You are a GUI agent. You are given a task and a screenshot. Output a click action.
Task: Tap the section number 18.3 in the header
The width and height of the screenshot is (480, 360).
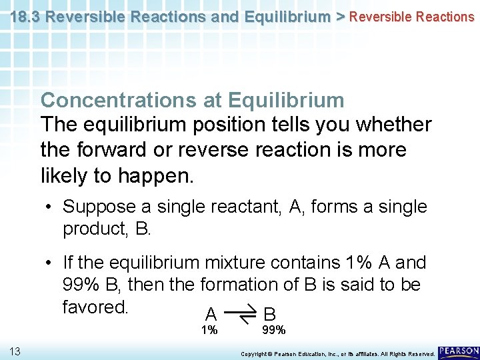coord(25,16)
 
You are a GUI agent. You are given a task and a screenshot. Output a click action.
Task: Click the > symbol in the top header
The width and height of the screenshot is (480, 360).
coord(340,16)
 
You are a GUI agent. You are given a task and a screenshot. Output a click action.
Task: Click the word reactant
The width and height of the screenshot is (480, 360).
coord(250,207)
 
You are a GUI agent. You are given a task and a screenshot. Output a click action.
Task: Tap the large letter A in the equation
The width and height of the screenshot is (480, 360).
coord(211,314)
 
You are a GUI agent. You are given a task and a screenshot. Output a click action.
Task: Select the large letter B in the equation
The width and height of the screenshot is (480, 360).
coord(270,314)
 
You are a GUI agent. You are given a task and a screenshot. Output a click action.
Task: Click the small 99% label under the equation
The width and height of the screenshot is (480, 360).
coord(273,330)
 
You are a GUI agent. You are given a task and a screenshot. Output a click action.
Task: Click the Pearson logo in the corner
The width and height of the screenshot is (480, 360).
coord(459,351)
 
